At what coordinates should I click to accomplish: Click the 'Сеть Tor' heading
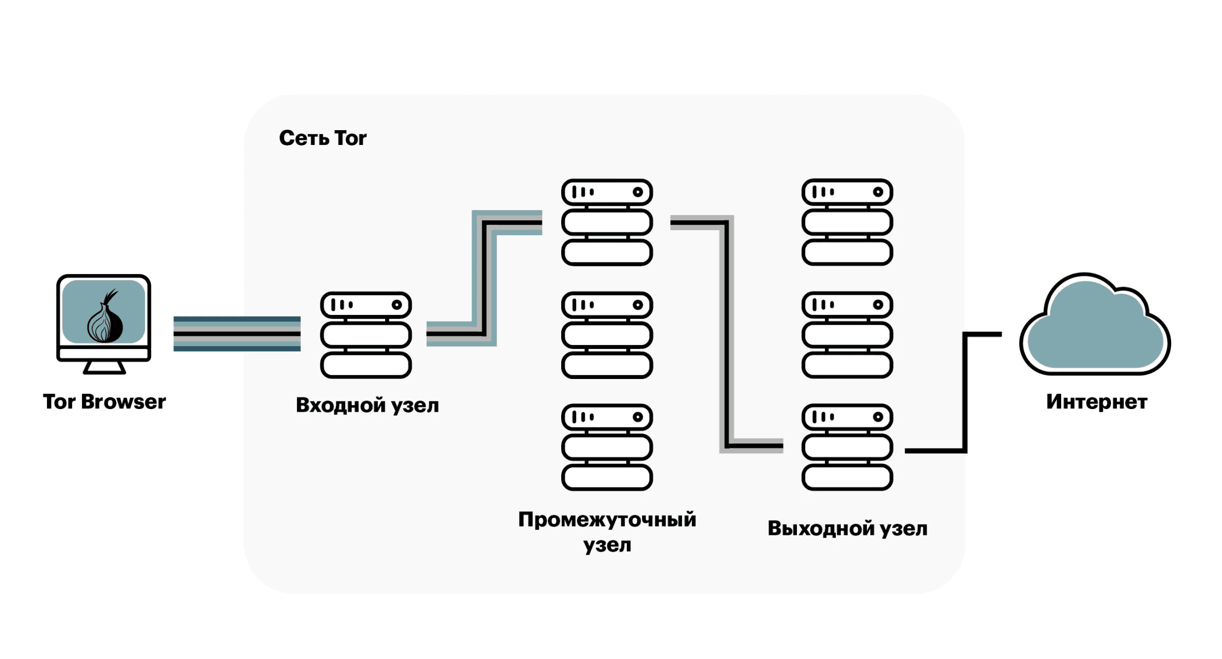(323, 138)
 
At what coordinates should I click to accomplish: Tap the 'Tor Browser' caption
(104, 402)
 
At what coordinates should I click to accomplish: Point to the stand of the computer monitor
(104, 368)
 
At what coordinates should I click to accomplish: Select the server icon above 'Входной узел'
(366, 335)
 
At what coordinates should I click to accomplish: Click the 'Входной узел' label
(367, 405)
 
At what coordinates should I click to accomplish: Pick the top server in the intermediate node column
(607, 222)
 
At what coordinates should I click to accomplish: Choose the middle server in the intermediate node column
(607, 335)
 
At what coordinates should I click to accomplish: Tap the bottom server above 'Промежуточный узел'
(607, 447)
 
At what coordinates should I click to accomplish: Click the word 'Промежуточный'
(607, 520)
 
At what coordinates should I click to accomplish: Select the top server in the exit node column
(847, 222)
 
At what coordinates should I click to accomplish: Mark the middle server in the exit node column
(847, 335)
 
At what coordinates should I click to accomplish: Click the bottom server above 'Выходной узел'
(847, 447)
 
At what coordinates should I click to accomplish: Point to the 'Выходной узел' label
(847, 528)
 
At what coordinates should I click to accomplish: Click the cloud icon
(1095, 328)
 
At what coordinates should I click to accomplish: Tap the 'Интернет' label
(1097, 402)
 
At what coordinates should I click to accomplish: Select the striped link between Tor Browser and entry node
(237, 334)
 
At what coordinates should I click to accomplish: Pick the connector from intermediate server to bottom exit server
(726, 334)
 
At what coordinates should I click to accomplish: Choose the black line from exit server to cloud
(965, 394)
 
